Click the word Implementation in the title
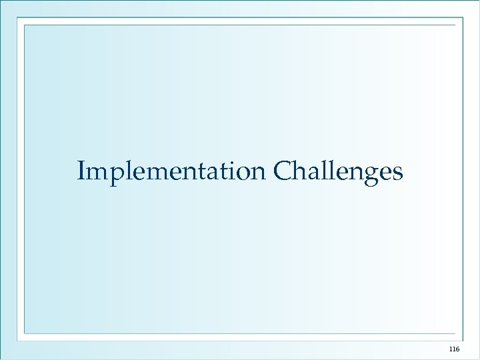pyautogui.click(x=171, y=171)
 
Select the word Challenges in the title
pyautogui.click(x=338, y=171)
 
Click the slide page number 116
pyautogui.click(x=455, y=349)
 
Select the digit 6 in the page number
pyautogui.click(x=457, y=349)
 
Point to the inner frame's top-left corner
pyautogui.click(x=25, y=25)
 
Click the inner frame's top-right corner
pyautogui.click(x=455, y=25)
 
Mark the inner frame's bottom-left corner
pyautogui.click(x=25, y=333)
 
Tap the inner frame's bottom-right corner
pyautogui.click(x=455, y=333)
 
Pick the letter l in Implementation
pyautogui.click(x=126, y=171)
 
